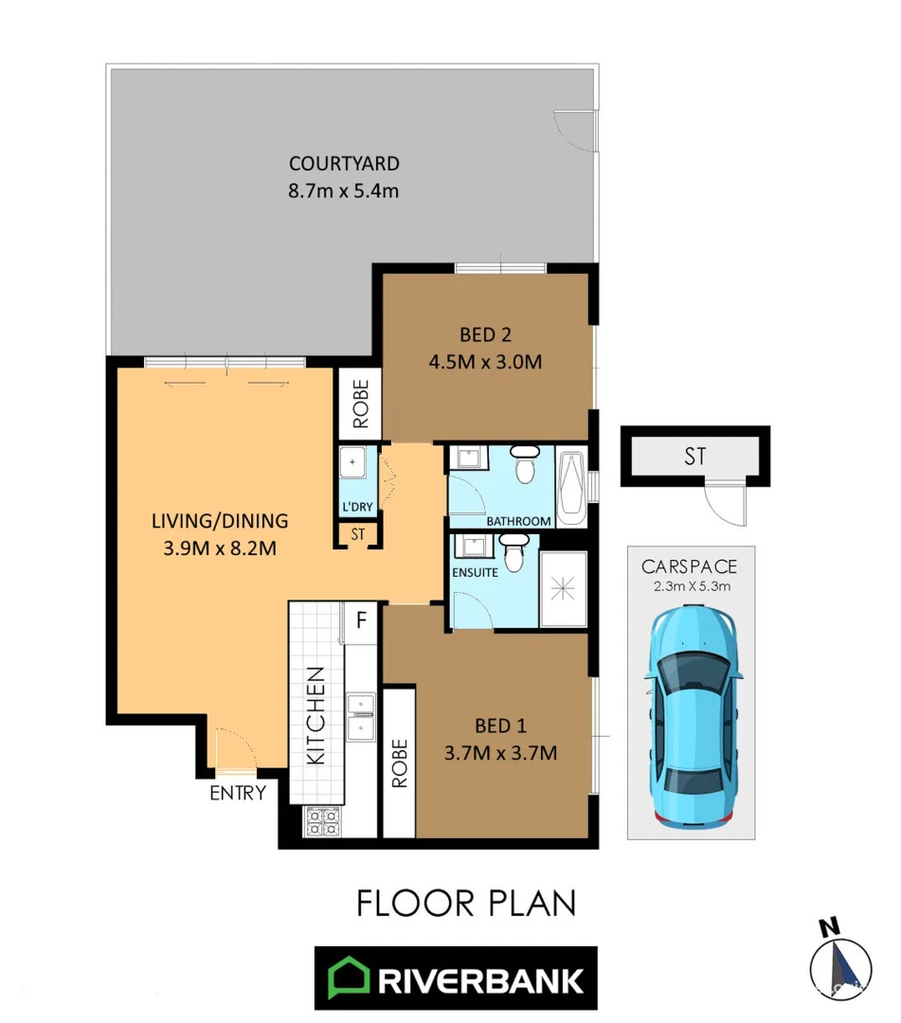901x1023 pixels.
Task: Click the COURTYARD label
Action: coord(344,163)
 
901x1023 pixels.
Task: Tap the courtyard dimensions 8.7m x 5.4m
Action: coord(344,190)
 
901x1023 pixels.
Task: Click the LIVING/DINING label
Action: coord(220,521)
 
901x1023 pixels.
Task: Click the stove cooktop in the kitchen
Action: coord(321,821)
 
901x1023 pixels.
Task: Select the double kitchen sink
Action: coord(362,717)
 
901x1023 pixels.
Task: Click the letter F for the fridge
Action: coord(361,621)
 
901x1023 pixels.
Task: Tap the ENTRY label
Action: coord(238,793)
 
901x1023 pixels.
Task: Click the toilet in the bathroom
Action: coord(523,464)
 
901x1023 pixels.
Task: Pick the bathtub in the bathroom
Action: coord(572,489)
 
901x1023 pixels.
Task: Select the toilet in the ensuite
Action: coord(513,552)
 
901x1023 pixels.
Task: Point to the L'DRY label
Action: coord(357,507)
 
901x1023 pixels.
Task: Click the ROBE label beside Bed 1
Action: coord(399,763)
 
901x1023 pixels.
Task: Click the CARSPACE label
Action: coord(690,567)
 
